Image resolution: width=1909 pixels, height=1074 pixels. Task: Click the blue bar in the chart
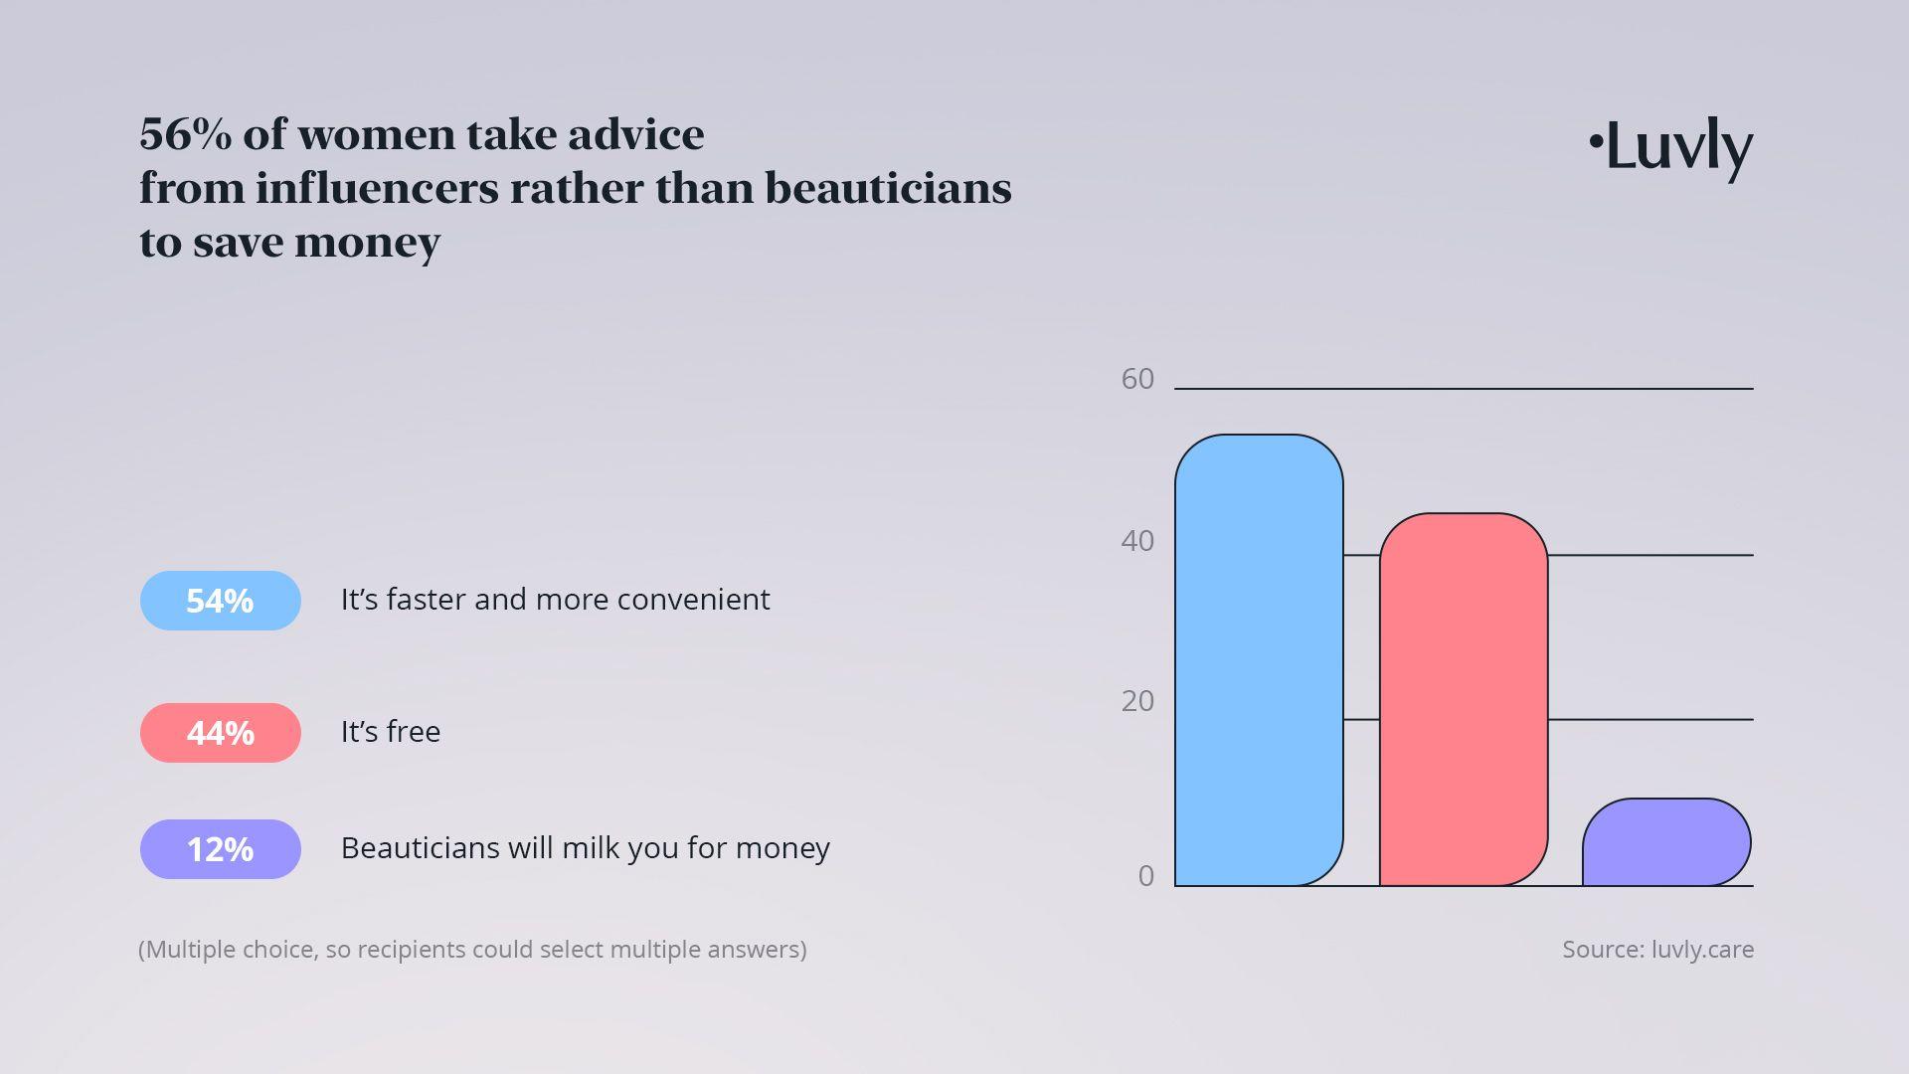[1259, 660]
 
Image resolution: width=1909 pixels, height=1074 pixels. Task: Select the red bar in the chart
[1464, 699]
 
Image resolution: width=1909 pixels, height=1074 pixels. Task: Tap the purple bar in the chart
[1666, 842]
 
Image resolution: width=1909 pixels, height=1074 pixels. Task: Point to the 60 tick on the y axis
[1137, 379]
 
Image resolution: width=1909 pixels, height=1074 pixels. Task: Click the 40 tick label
[1137, 541]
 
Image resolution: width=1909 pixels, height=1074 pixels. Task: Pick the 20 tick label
[1137, 701]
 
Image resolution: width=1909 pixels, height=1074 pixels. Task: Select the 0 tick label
[1146, 876]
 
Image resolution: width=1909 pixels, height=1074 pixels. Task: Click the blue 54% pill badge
[221, 601]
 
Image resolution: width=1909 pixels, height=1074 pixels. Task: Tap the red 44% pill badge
[221, 733]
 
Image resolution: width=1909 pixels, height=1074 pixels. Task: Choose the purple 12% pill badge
[221, 849]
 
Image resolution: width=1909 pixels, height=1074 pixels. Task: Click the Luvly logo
[1670, 149]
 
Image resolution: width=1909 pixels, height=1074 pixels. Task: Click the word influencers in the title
[377, 188]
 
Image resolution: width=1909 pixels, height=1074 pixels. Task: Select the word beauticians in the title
[888, 188]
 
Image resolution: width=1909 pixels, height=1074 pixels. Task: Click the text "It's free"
[391, 732]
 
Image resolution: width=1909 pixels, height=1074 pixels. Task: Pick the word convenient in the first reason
[694, 600]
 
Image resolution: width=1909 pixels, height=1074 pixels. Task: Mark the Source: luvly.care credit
[1658, 950]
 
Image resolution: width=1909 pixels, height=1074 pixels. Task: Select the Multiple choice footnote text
[472, 950]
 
